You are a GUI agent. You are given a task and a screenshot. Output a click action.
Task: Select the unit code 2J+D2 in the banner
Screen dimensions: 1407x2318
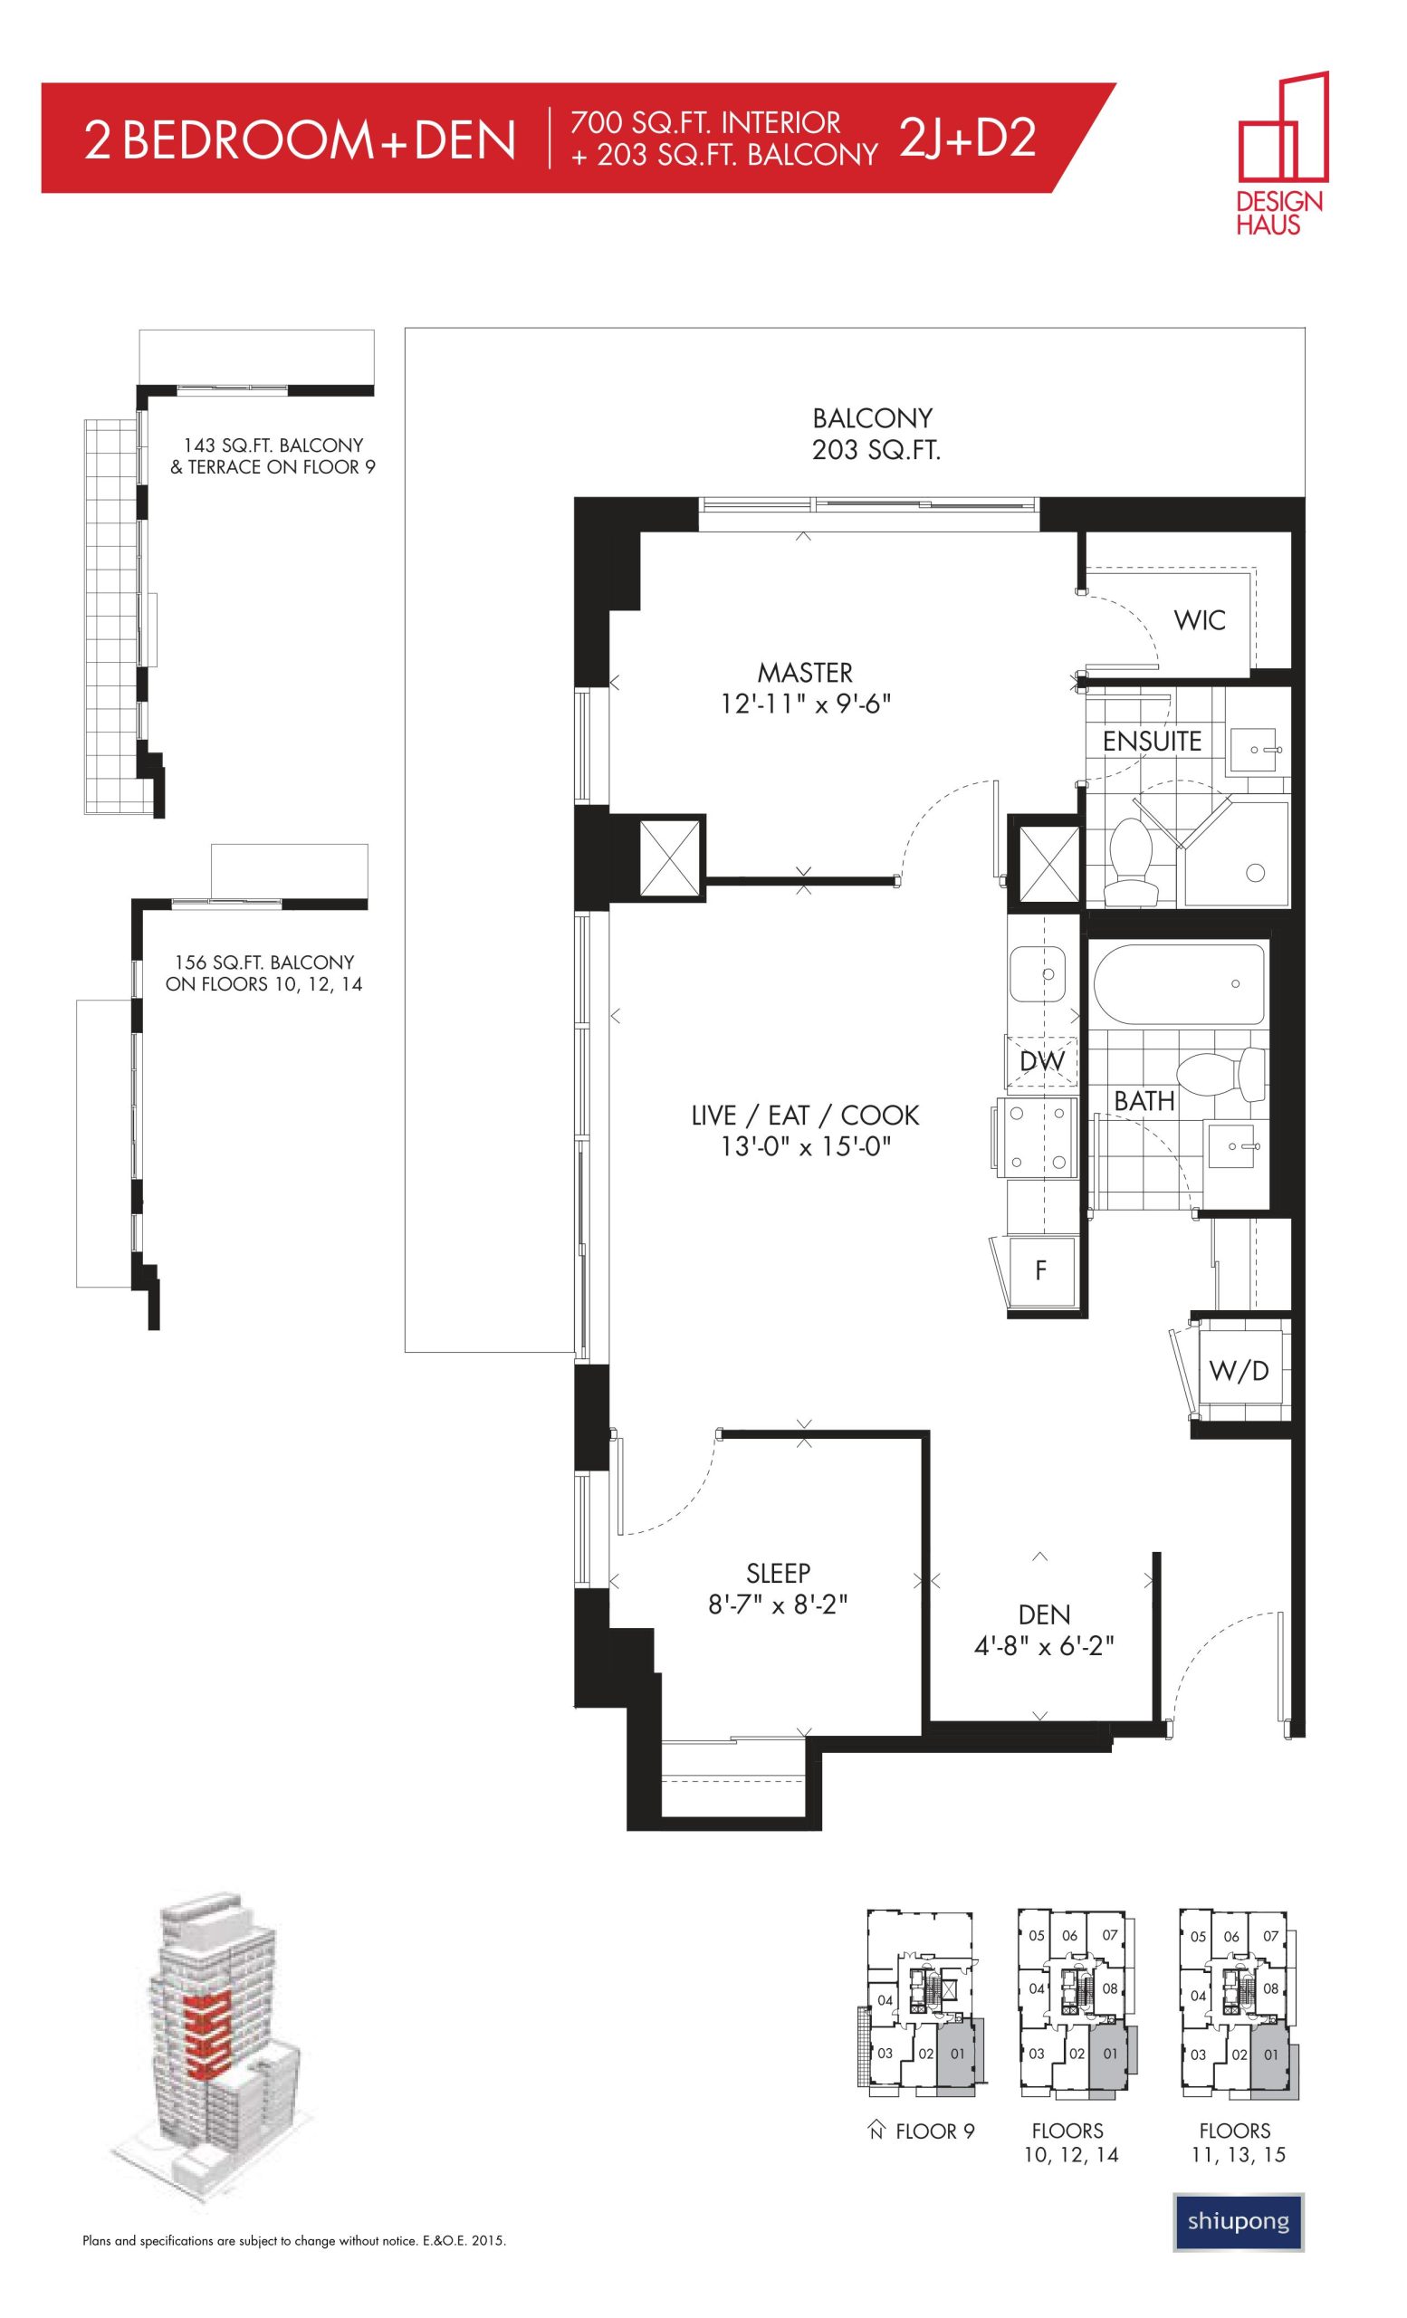pyautogui.click(x=968, y=139)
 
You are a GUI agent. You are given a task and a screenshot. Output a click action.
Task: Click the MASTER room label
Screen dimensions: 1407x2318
pyautogui.click(x=805, y=673)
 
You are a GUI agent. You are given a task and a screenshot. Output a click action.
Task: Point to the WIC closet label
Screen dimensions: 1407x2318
pyautogui.click(x=1199, y=620)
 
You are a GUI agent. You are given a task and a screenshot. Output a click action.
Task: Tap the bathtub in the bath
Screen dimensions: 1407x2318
pyautogui.click(x=1178, y=984)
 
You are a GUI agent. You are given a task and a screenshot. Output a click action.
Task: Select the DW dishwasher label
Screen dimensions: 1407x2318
pyautogui.click(x=1042, y=1061)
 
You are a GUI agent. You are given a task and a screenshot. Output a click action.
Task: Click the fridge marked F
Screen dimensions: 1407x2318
pyautogui.click(x=1041, y=1270)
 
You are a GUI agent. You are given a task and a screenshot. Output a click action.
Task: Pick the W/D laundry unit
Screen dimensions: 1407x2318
pyautogui.click(x=1239, y=1371)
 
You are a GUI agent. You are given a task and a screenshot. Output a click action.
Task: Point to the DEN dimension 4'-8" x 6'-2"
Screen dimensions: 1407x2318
pyautogui.click(x=1044, y=1645)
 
